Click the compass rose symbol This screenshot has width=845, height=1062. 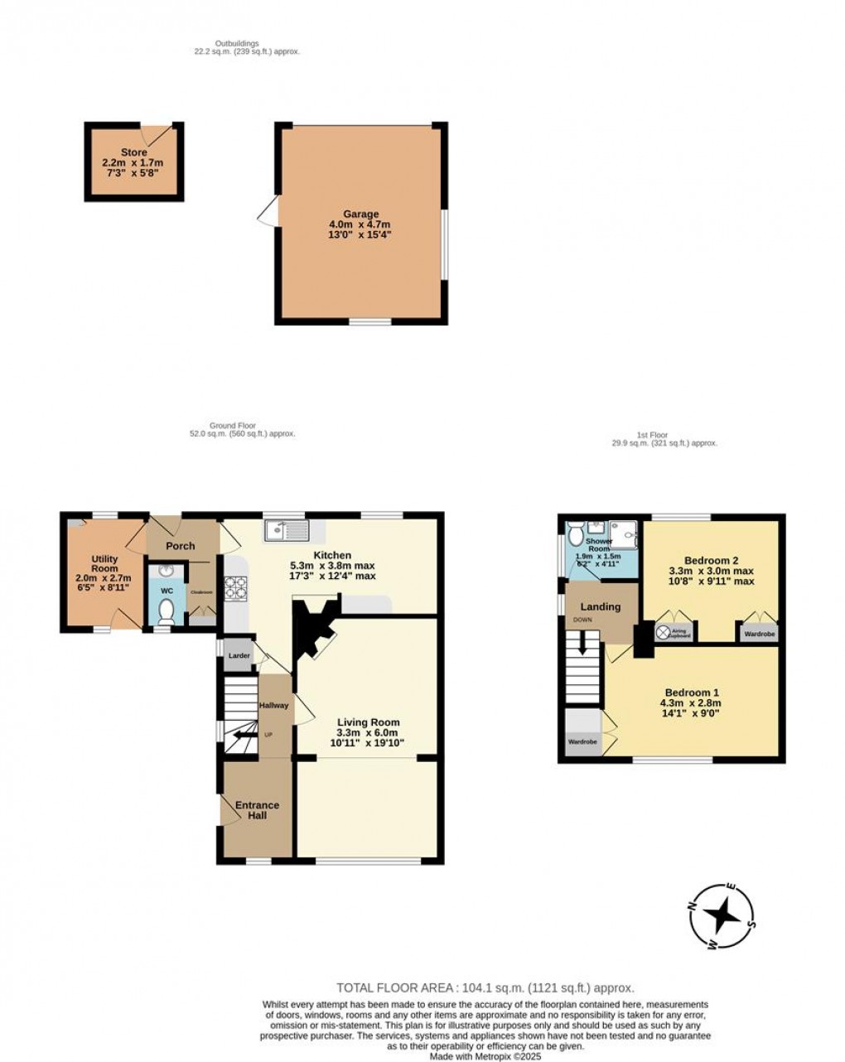pyautogui.click(x=722, y=916)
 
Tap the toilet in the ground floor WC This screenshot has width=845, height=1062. pyautogui.click(x=166, y=611)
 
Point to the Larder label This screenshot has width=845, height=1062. pyautogui.click(x=239, y=655)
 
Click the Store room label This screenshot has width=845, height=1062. pyautogui.click(x=134, y=152)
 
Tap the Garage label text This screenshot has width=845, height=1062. pyautogui.click(x=361, y=214)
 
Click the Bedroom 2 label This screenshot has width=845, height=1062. pyautogui.click(x=711, y=558)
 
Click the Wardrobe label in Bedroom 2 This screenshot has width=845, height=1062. pyautogui.click(x=760, y=635)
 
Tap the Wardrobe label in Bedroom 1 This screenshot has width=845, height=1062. pyautogui.click(x=582, y=741)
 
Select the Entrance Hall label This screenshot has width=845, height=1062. pyautogui.click(x=257, y=810)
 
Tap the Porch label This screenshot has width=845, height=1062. pyautogui.click(x=180, y=546)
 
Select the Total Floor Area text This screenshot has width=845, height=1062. pyautogui.click(x=485, y=987)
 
